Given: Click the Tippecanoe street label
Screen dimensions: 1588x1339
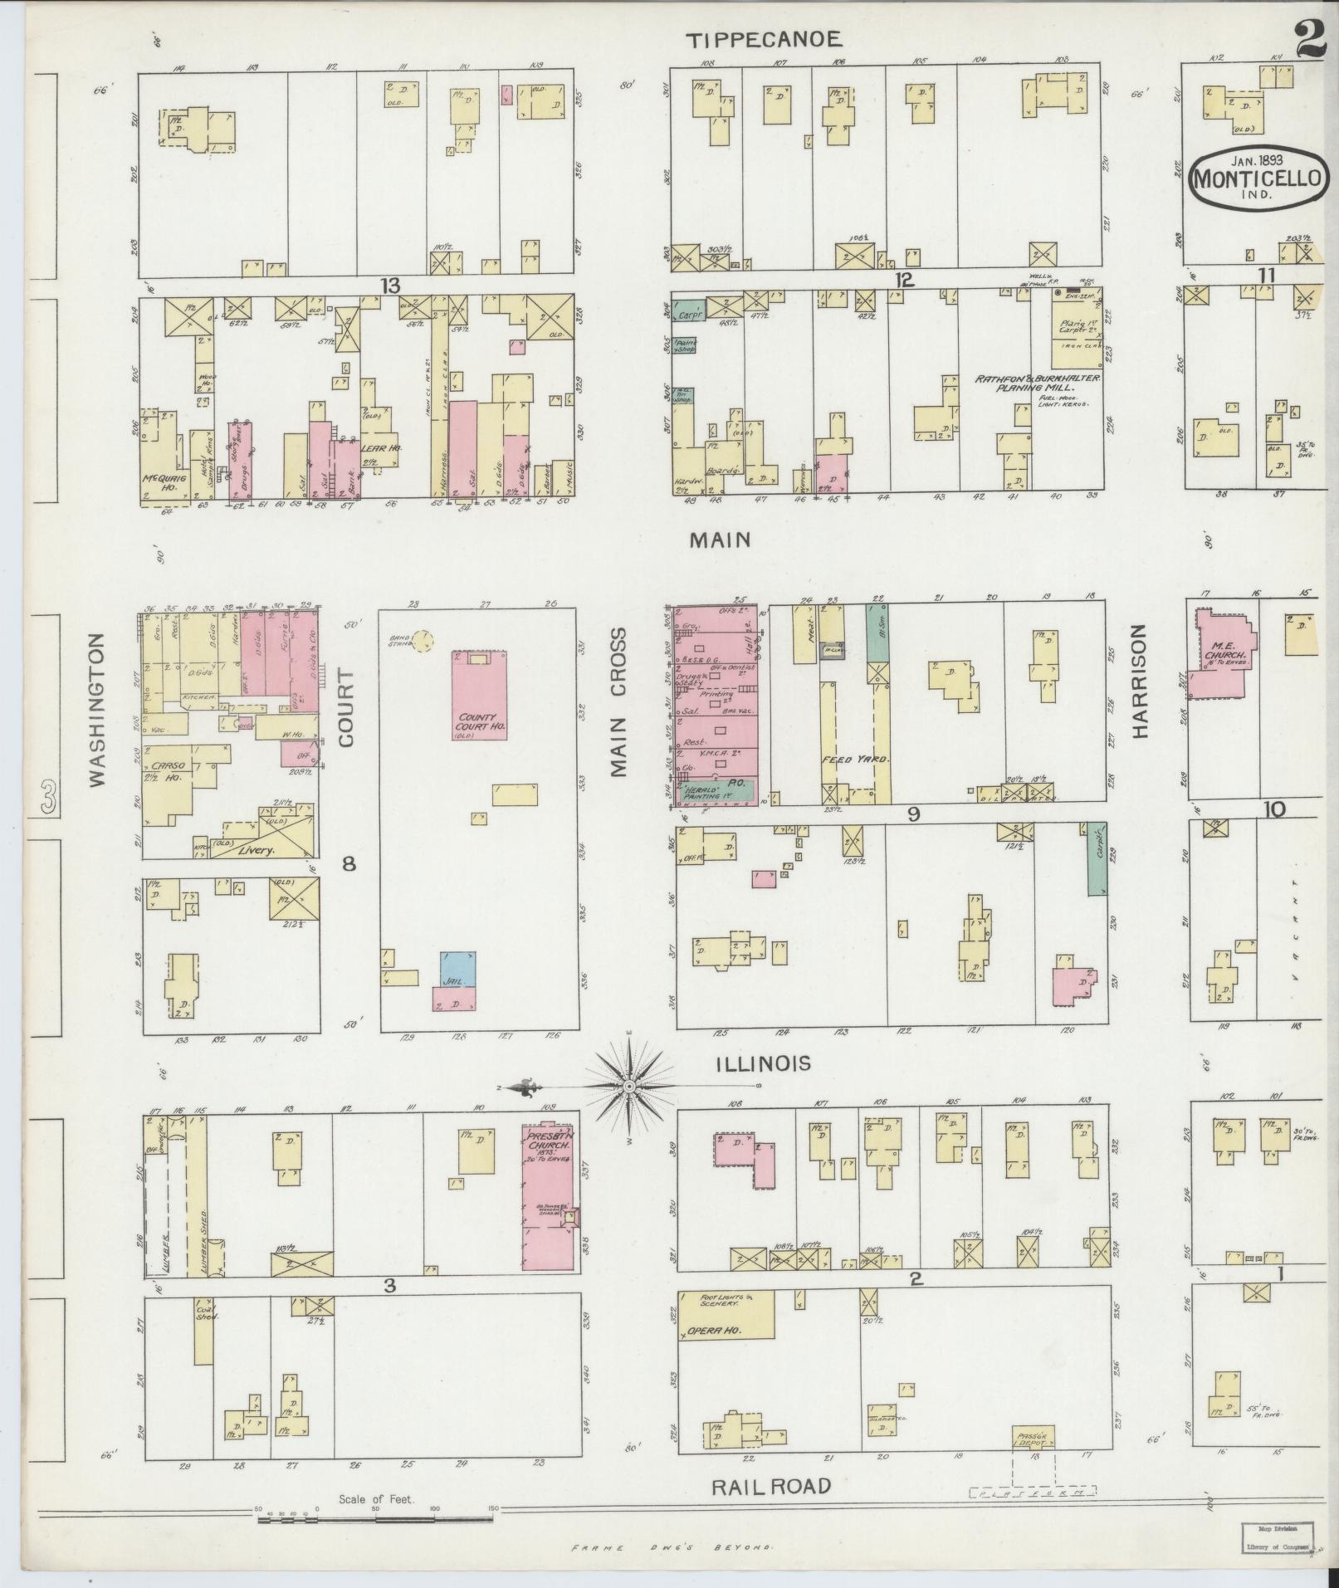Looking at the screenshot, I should tap(765, 39).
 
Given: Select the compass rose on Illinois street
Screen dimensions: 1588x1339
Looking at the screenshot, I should tap(630, 1086).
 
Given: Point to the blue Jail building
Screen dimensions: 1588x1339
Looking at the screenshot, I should tap(458, 969).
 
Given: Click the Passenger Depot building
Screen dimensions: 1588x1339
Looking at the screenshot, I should tap(1034, 1437).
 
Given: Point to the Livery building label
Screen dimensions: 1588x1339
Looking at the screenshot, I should tap(257, 850).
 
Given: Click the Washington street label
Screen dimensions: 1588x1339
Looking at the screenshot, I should tap(97, 710).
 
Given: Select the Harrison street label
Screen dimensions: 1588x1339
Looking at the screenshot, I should tap(1139, 681).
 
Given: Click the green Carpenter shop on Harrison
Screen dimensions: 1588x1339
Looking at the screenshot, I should tap(1097, 858).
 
